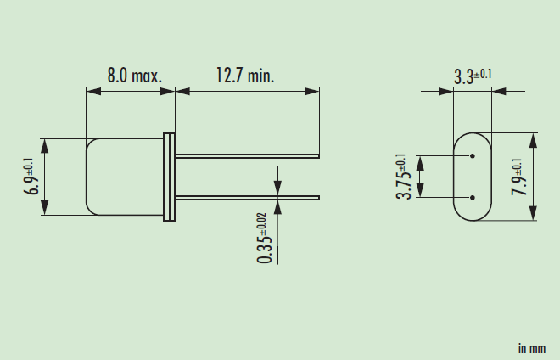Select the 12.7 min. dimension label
click(x=244, y=76)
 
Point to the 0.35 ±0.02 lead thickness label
click(x=266, y=238)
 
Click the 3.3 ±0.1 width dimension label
click(x=473, y=77)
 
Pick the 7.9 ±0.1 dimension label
click(x=519, y=177)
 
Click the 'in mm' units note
click(x=531, y=348)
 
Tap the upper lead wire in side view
click(x=246, y=156)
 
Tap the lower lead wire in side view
click(x=246, y=198)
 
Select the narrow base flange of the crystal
click(x=169, y=177)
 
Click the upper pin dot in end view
click(x=471, y=156)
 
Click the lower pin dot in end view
click(x=471, y=198)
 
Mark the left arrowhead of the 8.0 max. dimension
click(x=92, y=87)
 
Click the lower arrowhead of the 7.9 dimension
click(x=532, y=215)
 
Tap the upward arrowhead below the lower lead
click(x=277, y=206)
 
